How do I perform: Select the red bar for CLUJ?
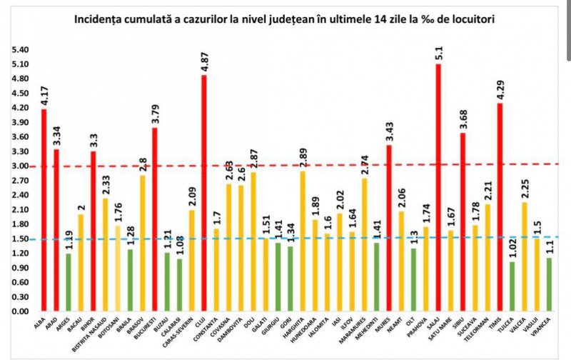click(x=205, y=193)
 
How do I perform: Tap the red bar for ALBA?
click(x=44, y=210)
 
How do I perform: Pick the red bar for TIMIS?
click(x=500, y=207)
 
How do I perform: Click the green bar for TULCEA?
click(x=512, y=286)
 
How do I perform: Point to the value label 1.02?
click(x=512, y=247)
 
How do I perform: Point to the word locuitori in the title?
click(x=473, y=19)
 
